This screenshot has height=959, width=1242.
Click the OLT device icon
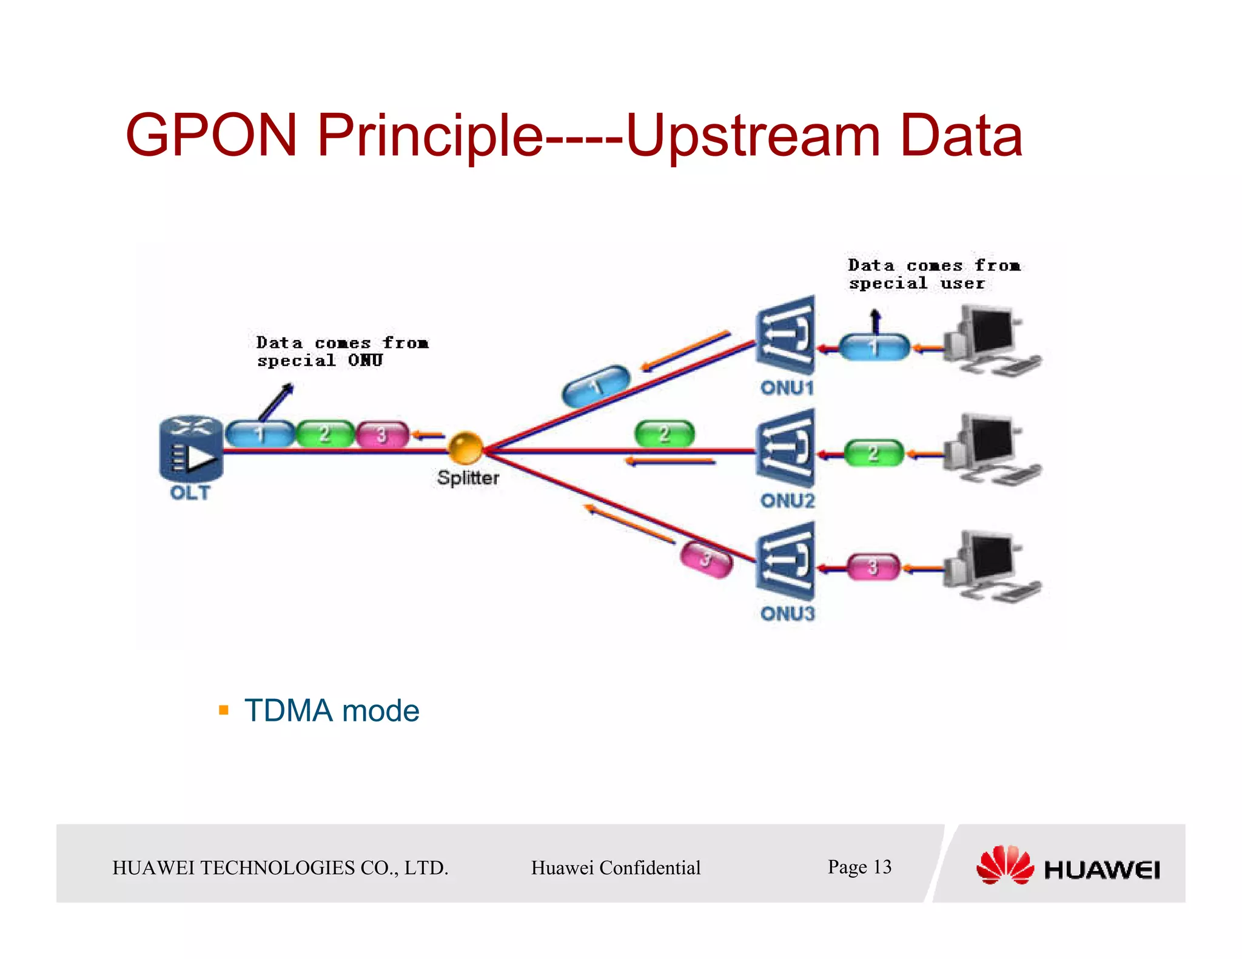190,449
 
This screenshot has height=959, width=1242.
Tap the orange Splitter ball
465,447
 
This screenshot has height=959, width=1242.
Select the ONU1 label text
787,388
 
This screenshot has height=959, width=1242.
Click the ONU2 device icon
785,449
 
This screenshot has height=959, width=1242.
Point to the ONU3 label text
787,613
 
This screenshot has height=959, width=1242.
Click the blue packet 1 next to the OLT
260,434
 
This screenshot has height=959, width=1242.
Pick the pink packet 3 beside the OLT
382,435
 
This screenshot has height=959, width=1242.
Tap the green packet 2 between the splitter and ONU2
664,433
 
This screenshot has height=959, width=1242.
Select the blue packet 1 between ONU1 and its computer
873,347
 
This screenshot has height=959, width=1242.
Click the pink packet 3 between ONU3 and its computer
873,567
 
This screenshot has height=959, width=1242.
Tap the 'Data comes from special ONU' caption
341,352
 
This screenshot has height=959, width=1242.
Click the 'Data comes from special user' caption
933,274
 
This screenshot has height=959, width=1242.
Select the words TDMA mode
331,710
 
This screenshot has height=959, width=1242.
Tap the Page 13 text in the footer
859,867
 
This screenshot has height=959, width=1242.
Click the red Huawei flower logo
1004,866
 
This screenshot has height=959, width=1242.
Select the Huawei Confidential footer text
616,867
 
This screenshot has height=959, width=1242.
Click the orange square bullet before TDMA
224,710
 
